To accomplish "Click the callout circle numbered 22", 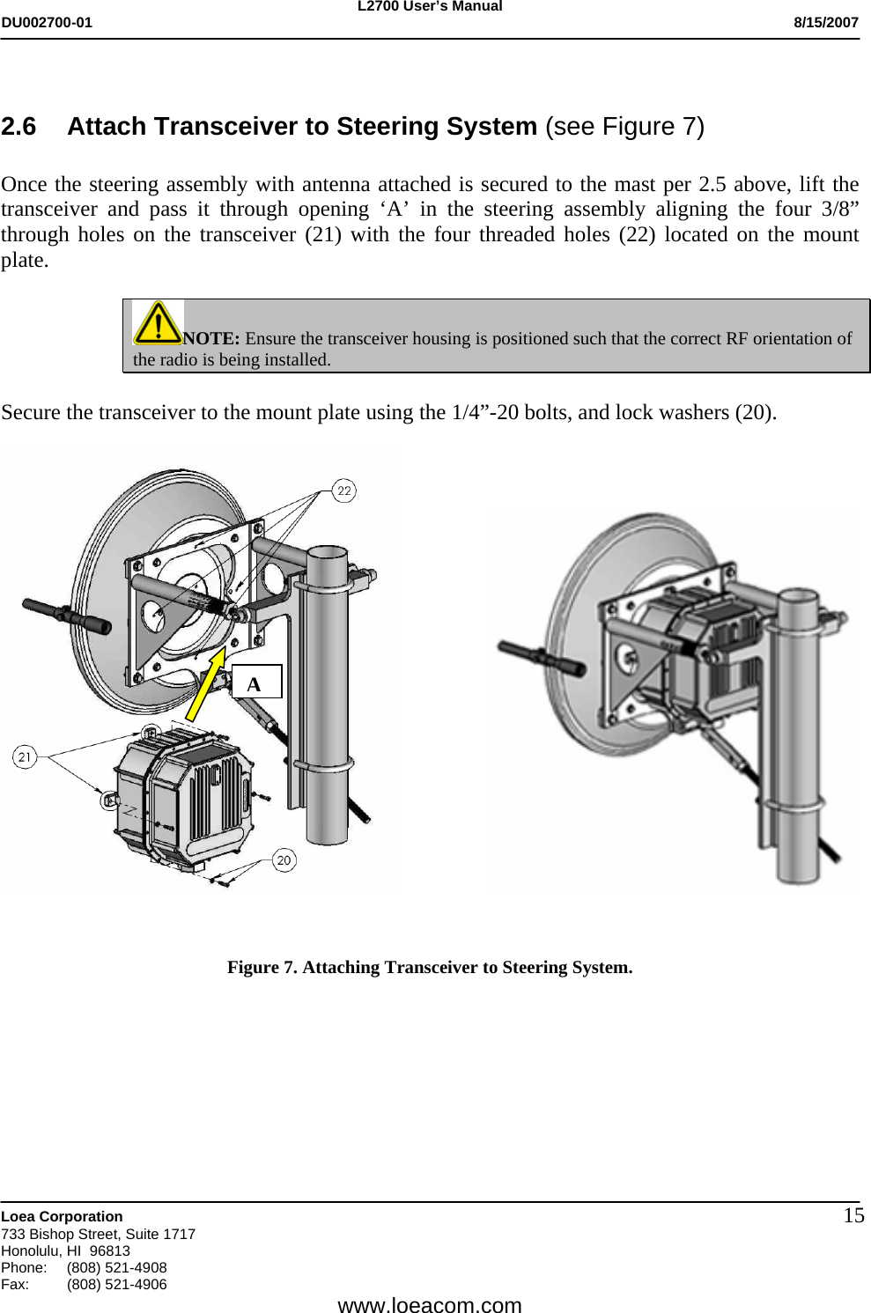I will [x=343, y=491].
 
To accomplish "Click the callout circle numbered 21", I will [x=25, y=756].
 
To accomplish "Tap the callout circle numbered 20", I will [x=284, y=860].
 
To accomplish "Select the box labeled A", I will [x=256, y=682].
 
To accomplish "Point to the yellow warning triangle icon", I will [x=157, y=322].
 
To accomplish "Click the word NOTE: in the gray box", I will [x=211, y=339].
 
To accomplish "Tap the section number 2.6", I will [x=19, y=127].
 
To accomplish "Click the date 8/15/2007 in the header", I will [x=825, y=23].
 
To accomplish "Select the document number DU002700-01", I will [x=47, y=23].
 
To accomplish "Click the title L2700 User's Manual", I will [x=430, y=7].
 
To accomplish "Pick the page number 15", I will [x=853, y=1216].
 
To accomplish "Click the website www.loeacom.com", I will [x=430, y=1304].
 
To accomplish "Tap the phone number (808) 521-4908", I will [x=116, y=1267].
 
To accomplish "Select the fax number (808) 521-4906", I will [x=116, y=1284].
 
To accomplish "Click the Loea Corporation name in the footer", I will [x=63, y=1216].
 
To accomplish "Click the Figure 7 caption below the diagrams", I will [x=430, y=967].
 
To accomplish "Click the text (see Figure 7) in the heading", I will [x=624, y=127].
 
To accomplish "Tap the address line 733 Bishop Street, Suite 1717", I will [x=99, y=1234].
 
